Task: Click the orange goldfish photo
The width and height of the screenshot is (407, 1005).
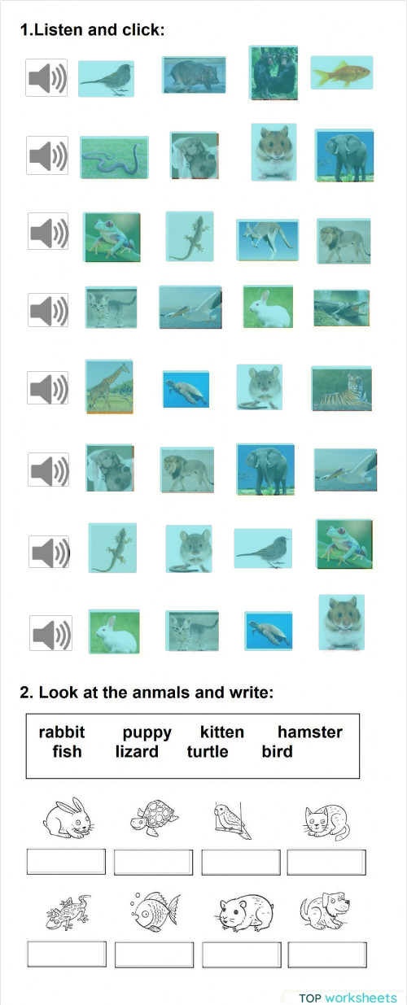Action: coord(341,73)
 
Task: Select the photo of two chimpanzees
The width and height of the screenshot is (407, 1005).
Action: coord(273,72)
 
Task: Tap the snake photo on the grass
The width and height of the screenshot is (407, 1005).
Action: coord(114,157)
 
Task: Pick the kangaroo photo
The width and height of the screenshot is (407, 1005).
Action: coord(267,239)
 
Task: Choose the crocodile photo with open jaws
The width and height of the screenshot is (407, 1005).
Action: coord(341,308)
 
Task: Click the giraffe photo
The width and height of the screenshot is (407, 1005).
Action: coord(108,387)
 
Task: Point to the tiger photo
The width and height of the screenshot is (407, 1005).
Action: coord(340,388)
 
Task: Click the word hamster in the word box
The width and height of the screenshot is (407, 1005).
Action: coord(309,732)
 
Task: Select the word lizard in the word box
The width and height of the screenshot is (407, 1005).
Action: coord(137,751)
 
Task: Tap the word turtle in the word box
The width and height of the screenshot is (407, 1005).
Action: coord(208,751)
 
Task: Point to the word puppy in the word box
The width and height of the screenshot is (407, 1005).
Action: coord(147,732)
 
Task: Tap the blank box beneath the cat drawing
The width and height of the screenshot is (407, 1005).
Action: coord(326,862)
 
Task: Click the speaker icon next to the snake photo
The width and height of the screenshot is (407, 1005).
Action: coord(46,155)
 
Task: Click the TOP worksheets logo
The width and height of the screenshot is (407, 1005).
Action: coord(348,997)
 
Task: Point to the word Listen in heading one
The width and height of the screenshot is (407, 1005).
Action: coord(60,30)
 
